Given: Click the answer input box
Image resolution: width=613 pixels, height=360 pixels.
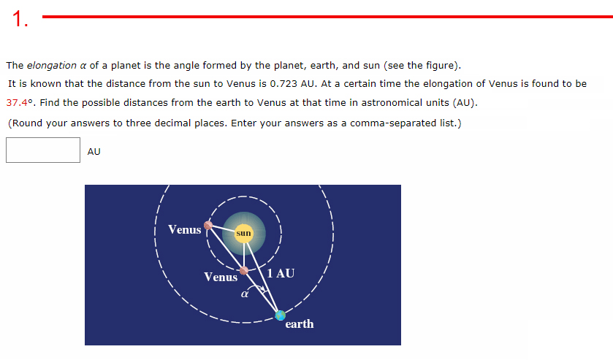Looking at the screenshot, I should (x=43, y=150).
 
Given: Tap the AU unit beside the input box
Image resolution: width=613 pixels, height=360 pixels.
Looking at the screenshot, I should (x=94, y=151).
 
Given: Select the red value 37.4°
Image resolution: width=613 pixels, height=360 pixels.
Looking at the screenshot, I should (x=20, y=103).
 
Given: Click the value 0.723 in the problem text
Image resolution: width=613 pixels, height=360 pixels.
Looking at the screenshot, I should (x=284, y=84).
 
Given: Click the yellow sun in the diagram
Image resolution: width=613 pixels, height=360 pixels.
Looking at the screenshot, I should (x=244, y=233).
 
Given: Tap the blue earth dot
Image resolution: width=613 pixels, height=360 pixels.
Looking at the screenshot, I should (x=281, y=315).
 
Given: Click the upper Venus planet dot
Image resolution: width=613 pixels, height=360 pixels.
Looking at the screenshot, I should (x=209, y=226).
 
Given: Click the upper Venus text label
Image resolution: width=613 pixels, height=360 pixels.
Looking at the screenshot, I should (x=184, y=230).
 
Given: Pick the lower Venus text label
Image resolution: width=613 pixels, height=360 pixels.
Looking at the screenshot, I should (x=221, y=277).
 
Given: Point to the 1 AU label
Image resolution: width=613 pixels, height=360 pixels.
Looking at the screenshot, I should (x=281, y=274).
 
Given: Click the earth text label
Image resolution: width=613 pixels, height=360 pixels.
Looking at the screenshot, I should (x=300, y=324).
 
